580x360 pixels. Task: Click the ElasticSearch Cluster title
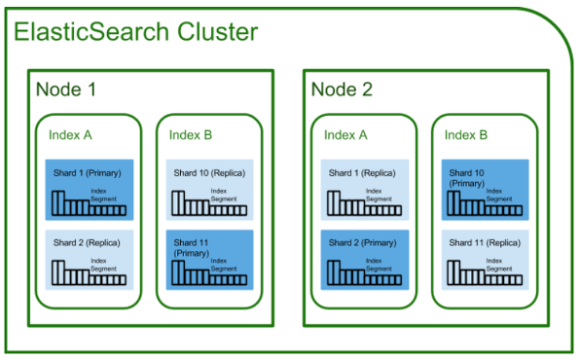click(x=135, y=31)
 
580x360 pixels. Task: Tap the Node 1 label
click(x=66, y=90)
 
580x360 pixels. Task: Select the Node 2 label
click(x=342, y=90)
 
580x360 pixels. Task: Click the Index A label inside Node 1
click(x=70, y=135)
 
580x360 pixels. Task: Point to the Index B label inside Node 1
click(x=191, y=135)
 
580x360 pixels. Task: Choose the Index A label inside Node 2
click(x=345, y=135)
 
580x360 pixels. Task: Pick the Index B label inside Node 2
click(x=466, y=135)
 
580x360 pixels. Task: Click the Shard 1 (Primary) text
click(x=88, y=173)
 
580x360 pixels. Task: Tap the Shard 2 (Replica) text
click(x=87, y=243)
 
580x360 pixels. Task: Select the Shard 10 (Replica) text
click(x=209, y=173)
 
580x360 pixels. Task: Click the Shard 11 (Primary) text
click(x=192, y=248)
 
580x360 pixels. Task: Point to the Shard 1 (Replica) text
click(x=362, y=173)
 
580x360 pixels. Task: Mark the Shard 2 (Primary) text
click(x=362, y=243)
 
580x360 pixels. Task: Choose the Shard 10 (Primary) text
click(x=466, y=178)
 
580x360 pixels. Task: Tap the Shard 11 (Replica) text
click(x=485, y=243)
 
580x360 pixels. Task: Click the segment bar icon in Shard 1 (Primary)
click(x=90, y=203)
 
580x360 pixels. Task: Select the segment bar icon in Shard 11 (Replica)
click(x=485, y=272)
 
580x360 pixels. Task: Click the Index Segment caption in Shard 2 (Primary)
click(x=379, y=265)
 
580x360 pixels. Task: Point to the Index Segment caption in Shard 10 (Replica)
click(x=224, y=195)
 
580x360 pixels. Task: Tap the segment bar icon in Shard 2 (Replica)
click(x=90, y=272)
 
